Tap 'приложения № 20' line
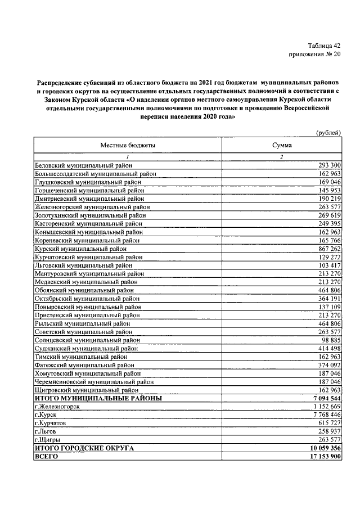pyautogui.click(x=316, y=55)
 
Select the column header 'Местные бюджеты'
pyautogui.click(x=128, y=145)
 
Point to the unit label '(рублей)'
pyautogui.click(x=327, y=132)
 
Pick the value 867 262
pyautogui.click(x=326, y=248)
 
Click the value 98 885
pyautogui.click(x=328, y=340)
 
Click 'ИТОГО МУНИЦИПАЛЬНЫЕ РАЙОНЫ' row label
pyautogui.click(x=98, y=398)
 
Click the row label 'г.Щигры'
pyautogui.click(x=48, y=439)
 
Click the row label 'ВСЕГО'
pyautogui.click(x=47, y=457)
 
